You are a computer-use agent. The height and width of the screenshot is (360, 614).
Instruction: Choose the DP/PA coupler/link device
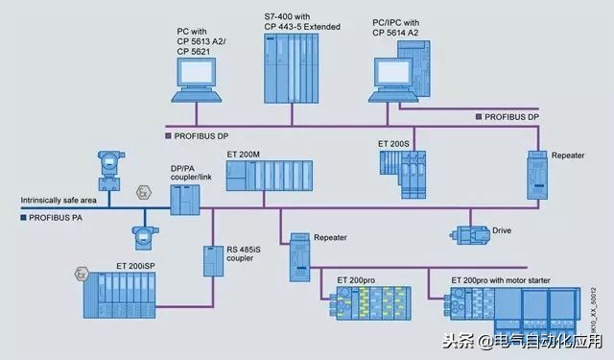coord(184,200)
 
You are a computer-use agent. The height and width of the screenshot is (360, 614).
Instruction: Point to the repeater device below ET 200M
coord(299,259)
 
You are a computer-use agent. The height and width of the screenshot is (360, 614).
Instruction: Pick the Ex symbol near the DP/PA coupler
coord(143,194)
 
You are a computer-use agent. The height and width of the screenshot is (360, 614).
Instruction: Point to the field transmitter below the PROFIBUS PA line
coord(143,236)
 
